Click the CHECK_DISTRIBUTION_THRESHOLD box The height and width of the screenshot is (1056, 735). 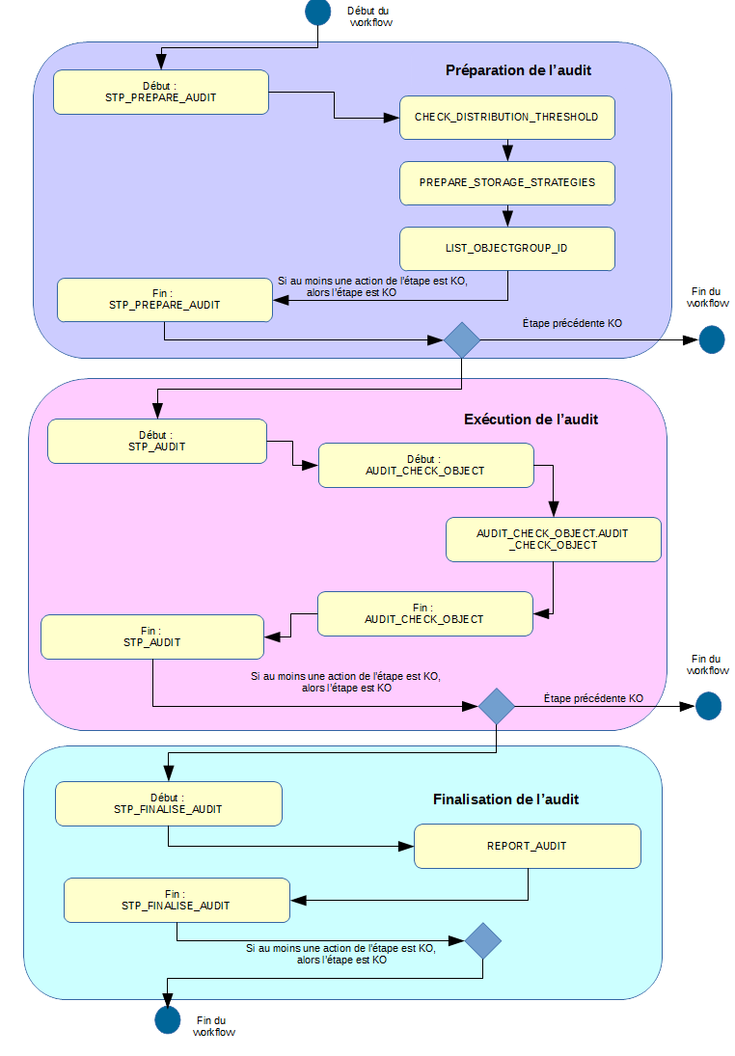click(506, 117)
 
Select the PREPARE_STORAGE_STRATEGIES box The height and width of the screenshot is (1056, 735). click(506, 182)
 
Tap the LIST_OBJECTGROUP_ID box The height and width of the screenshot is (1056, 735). click(506, 248)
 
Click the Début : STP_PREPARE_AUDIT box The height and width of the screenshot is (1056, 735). click(160, 92)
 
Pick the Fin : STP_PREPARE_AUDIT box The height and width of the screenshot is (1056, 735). click(164, 299)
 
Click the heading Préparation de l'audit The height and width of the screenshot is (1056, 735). click(518, 70)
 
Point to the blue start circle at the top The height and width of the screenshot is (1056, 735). click(318, 12)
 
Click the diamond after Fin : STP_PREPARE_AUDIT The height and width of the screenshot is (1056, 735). click(462, 339)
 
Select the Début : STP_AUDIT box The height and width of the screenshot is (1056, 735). click(156, 441)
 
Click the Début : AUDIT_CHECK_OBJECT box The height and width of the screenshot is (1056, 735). click(425, 465)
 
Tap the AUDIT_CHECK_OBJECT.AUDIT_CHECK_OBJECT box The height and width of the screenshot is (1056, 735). click(553, 539)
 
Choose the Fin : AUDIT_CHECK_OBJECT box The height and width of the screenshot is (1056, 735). click(424, 613)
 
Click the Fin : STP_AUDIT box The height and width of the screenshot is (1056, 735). click(151, 636)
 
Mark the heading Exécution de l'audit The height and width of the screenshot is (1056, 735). click(531, 420)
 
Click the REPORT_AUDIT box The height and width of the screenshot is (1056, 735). click(527, 846)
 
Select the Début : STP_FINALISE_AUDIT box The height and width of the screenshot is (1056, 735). click(168, 803)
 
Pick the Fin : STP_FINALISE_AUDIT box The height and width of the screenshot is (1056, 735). click(176, 900)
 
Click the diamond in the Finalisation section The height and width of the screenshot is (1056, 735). click(482, 940)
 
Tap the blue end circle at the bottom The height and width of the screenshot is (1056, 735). click(167, 1020)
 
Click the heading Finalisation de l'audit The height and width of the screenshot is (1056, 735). click(505, 799)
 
